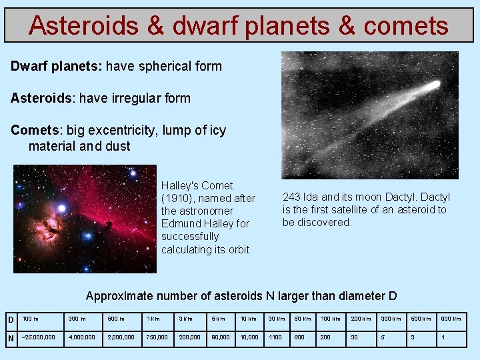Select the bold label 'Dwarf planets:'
point(56,67)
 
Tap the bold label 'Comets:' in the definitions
point(37,130)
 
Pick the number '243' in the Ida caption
point(291,197)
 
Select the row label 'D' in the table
point(11,319)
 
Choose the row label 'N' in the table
point(11,338)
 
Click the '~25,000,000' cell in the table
point(39,338)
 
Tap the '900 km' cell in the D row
point(451,319)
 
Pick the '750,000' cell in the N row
point(157,338)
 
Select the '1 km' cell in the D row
point(153,319)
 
